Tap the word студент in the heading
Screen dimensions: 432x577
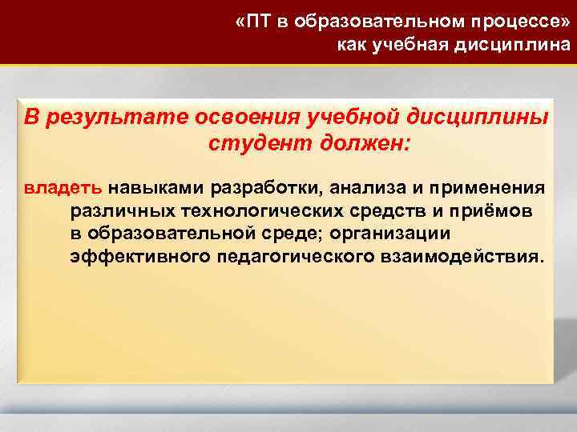pos(248,144)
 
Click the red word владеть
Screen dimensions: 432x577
pos(63,189)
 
